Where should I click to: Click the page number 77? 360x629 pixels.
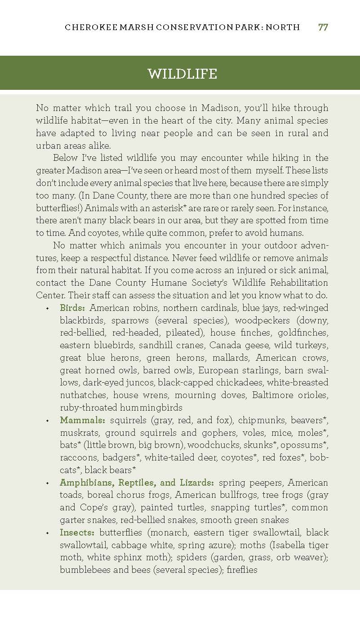coord(323,27)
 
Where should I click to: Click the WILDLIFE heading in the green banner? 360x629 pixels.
coord(182,74)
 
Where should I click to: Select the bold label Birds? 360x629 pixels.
coord(73,308)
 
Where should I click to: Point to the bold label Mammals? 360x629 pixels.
coord(83,420)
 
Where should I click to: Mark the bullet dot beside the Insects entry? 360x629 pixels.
coord(47,533)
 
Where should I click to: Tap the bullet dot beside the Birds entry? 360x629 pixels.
coord(47,309)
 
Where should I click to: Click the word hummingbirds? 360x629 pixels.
coord(151,408)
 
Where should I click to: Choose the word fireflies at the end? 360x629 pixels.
coord(242,570)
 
